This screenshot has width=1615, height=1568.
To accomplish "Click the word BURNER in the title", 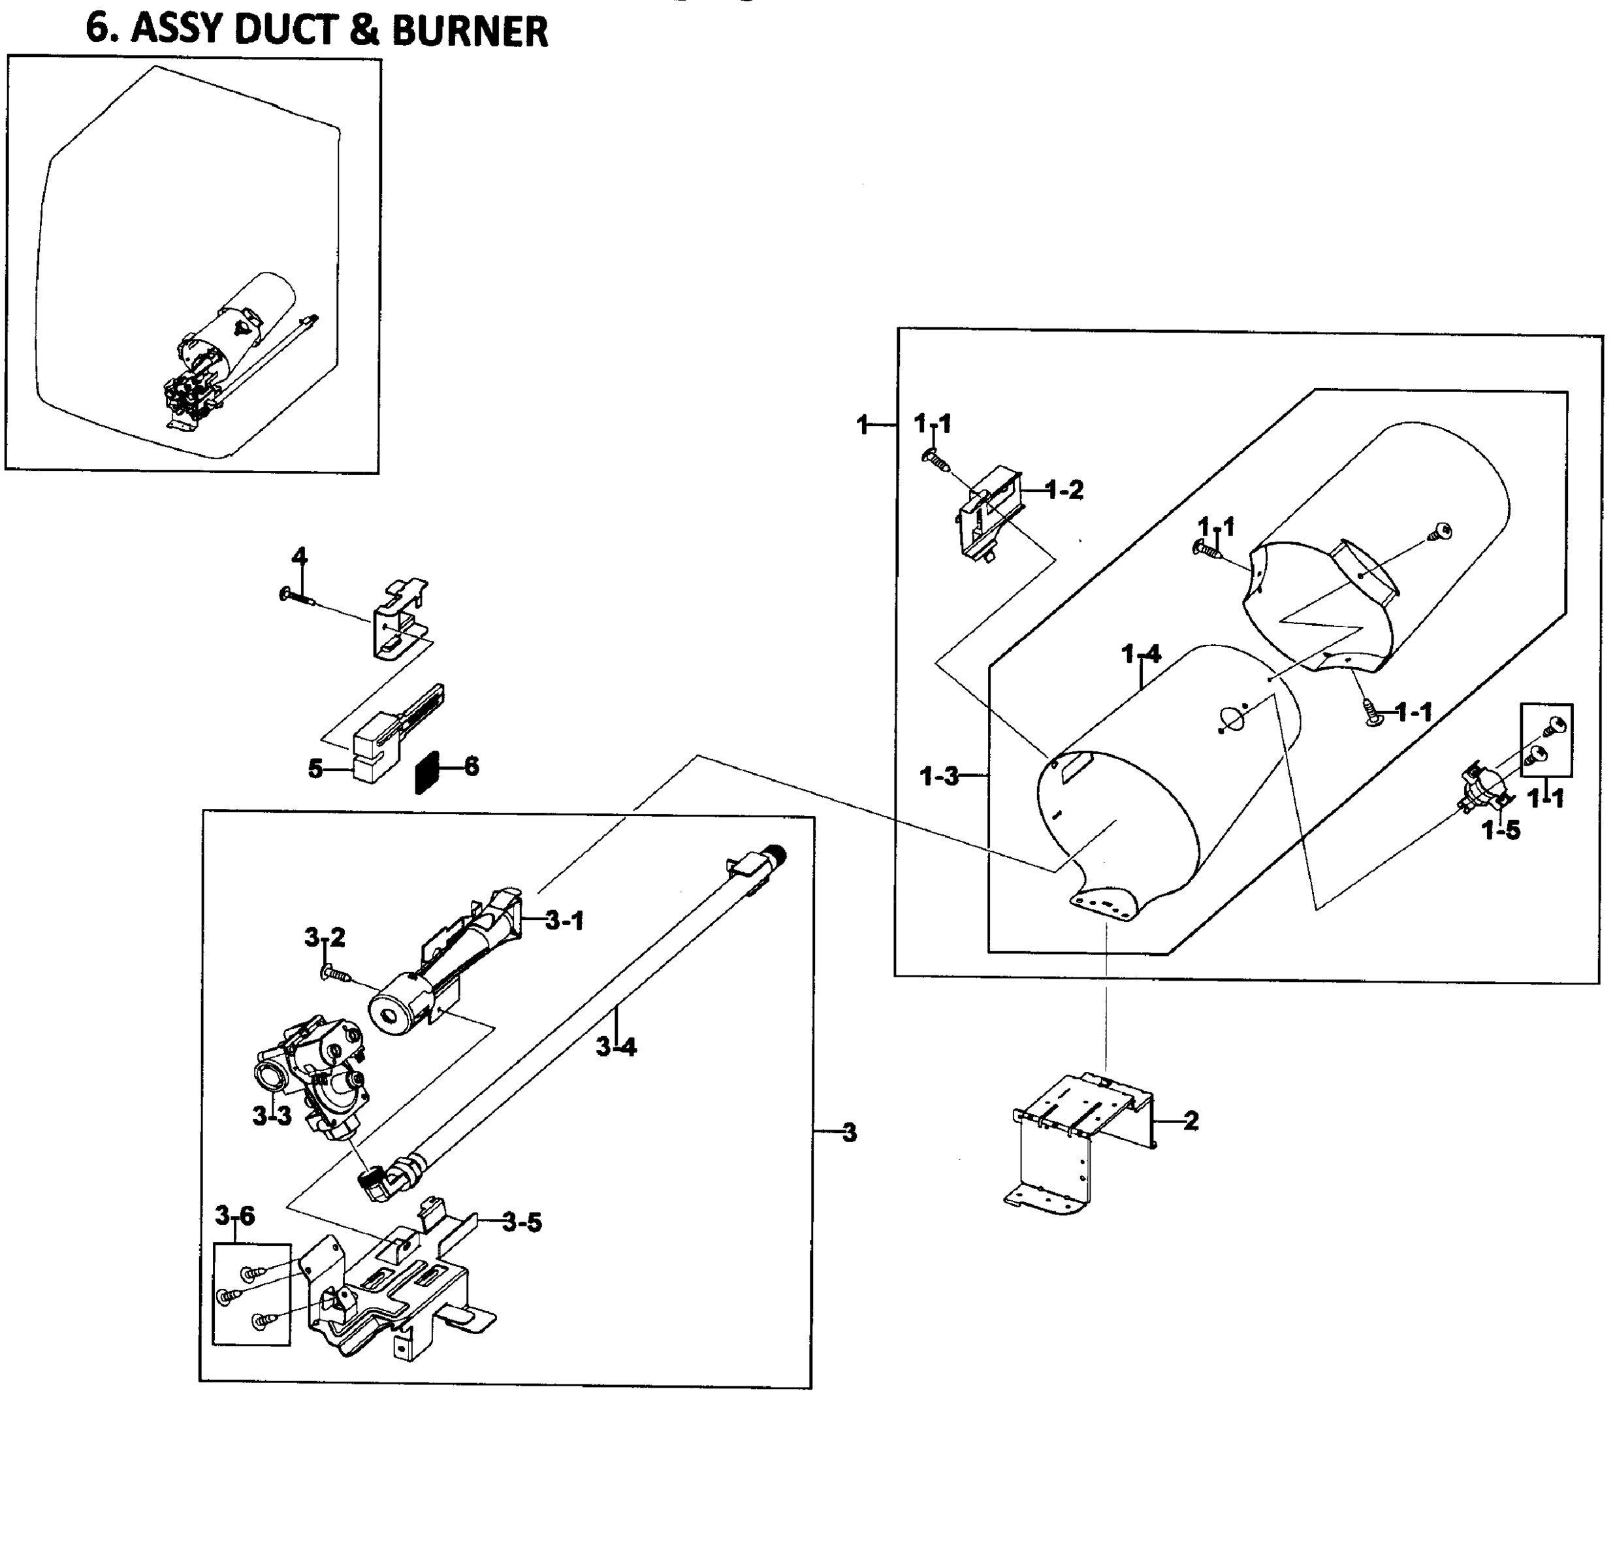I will pos(470,31).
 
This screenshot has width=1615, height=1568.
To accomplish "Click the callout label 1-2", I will pos(1065,490).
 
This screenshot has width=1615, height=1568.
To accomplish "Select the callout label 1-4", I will pos(1142,654).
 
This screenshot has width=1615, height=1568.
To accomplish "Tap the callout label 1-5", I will pos(1501,830).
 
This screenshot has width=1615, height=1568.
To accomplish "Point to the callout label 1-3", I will pos(939,776).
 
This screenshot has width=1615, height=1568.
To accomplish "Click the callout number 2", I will pos(1191,1120).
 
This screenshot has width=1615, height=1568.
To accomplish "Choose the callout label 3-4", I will pos(616,1047).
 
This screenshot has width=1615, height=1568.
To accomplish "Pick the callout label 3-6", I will pos(235,1215).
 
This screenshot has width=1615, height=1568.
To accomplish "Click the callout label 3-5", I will pos(522,1222).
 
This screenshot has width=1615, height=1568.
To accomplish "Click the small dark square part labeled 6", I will pos(427,772).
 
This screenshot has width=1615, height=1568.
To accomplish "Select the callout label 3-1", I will pos(564,921).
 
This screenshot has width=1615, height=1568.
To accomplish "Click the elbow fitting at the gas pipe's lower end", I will pos(387,1179).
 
